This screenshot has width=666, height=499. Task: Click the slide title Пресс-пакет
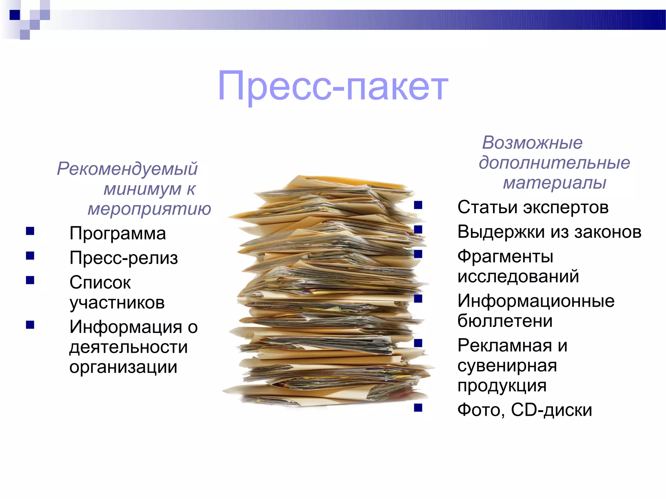click(x=333, y=86)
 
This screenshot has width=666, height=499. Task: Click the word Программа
click(x=117, y=234)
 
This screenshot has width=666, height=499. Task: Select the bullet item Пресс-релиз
click(x=124, y=258)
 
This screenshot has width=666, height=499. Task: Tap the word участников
click(x=117, y=303)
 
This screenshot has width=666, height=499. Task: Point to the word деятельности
click(x=128, y=347)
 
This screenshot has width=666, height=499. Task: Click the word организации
click(x=123, y=367)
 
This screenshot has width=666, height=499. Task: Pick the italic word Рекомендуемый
click(x=127, y=169)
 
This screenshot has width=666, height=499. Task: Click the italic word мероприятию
click(x=149, y=209)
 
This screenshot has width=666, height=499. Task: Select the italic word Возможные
click(x=532, y=143)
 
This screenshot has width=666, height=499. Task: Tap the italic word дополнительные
click(x=554, y=163)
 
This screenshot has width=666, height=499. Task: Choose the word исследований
click(x=518, y=276)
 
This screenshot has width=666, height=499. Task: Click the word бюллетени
click(x=505, y=321)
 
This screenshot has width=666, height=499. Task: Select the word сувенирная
click(x=507, y=366)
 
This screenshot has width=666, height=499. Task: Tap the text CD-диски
click(x=551, y=410)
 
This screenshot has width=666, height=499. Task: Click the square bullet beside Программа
click(x=30, y=231)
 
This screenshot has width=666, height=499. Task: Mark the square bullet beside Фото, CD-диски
click(x=418, y=407)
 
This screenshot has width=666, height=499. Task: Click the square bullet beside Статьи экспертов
click(x=418, y=205)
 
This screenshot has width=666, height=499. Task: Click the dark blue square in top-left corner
click(x=15, y=15)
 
